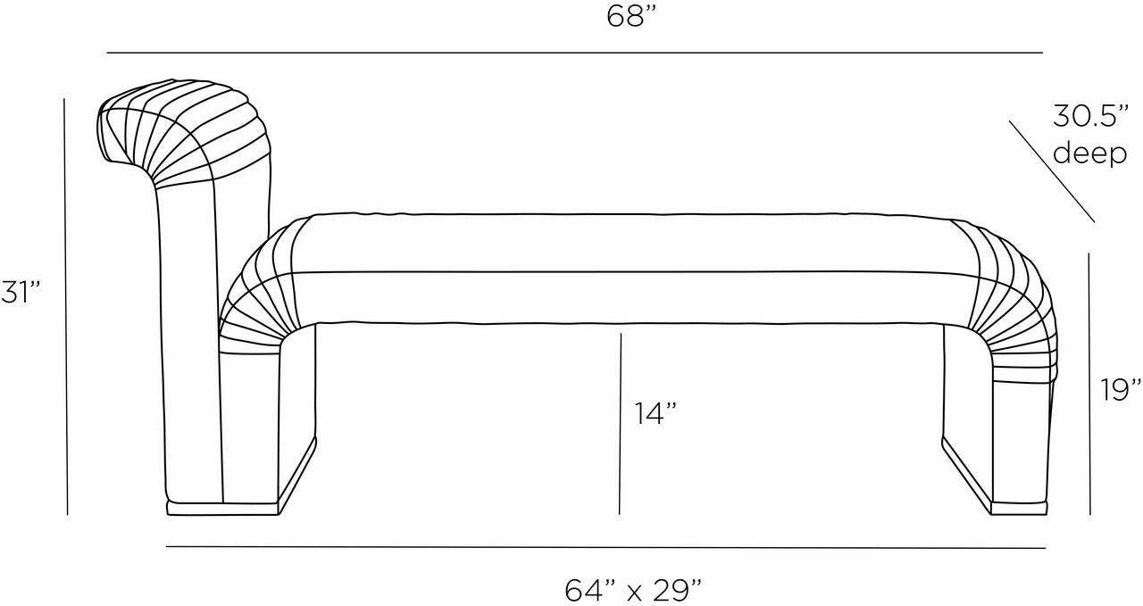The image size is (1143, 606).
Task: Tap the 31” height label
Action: pyautogui.click(x=21, y=292)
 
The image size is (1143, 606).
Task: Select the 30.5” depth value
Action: pyautogui.click(x=1090, y=116)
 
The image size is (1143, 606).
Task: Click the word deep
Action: pyautogui.click(x=1090, y=153)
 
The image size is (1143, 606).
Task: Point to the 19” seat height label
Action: pyautogui.click(x=1120, y=390)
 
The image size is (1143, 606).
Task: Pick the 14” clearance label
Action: pyautogui.click(x=655, y=413)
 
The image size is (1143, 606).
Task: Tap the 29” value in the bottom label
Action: pyautogui.click(x=677, y=591)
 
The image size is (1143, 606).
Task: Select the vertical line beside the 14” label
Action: pyautogui.click(x=620, y=424)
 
